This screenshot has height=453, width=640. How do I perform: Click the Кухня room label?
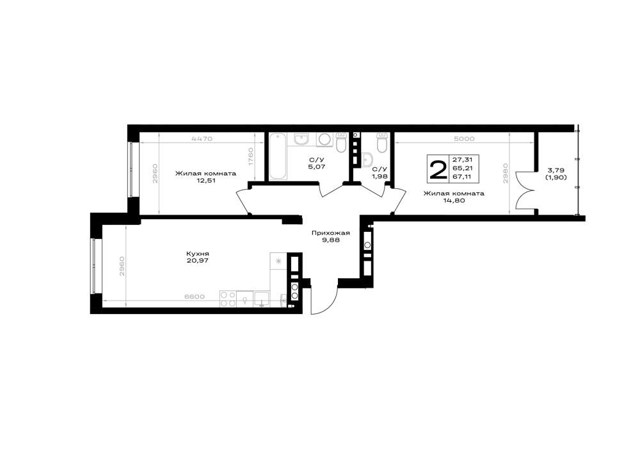(197, 254)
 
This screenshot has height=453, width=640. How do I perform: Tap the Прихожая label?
(331, 233)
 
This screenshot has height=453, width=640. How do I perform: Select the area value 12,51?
(205, 180)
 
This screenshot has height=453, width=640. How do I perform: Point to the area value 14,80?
(454, 201)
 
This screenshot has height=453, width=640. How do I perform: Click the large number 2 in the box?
(438, 169)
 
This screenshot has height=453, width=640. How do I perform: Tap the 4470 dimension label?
(202, 138)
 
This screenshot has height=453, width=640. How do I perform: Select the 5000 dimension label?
(464, 138)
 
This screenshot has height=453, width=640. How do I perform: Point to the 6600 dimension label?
(195, 297)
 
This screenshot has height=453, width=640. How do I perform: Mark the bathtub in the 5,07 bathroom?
(278, 156)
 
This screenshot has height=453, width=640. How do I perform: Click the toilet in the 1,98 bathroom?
(381, 143)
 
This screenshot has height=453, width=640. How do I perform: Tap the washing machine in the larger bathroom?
(325, 140)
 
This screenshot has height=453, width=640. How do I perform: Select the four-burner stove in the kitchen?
(228, 299)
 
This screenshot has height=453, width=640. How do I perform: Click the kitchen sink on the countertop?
(262, 299)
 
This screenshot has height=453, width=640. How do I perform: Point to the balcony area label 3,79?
(556, 170)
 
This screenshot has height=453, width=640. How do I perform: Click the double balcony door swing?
(525, 191)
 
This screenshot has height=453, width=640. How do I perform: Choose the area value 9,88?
(331, 240)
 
